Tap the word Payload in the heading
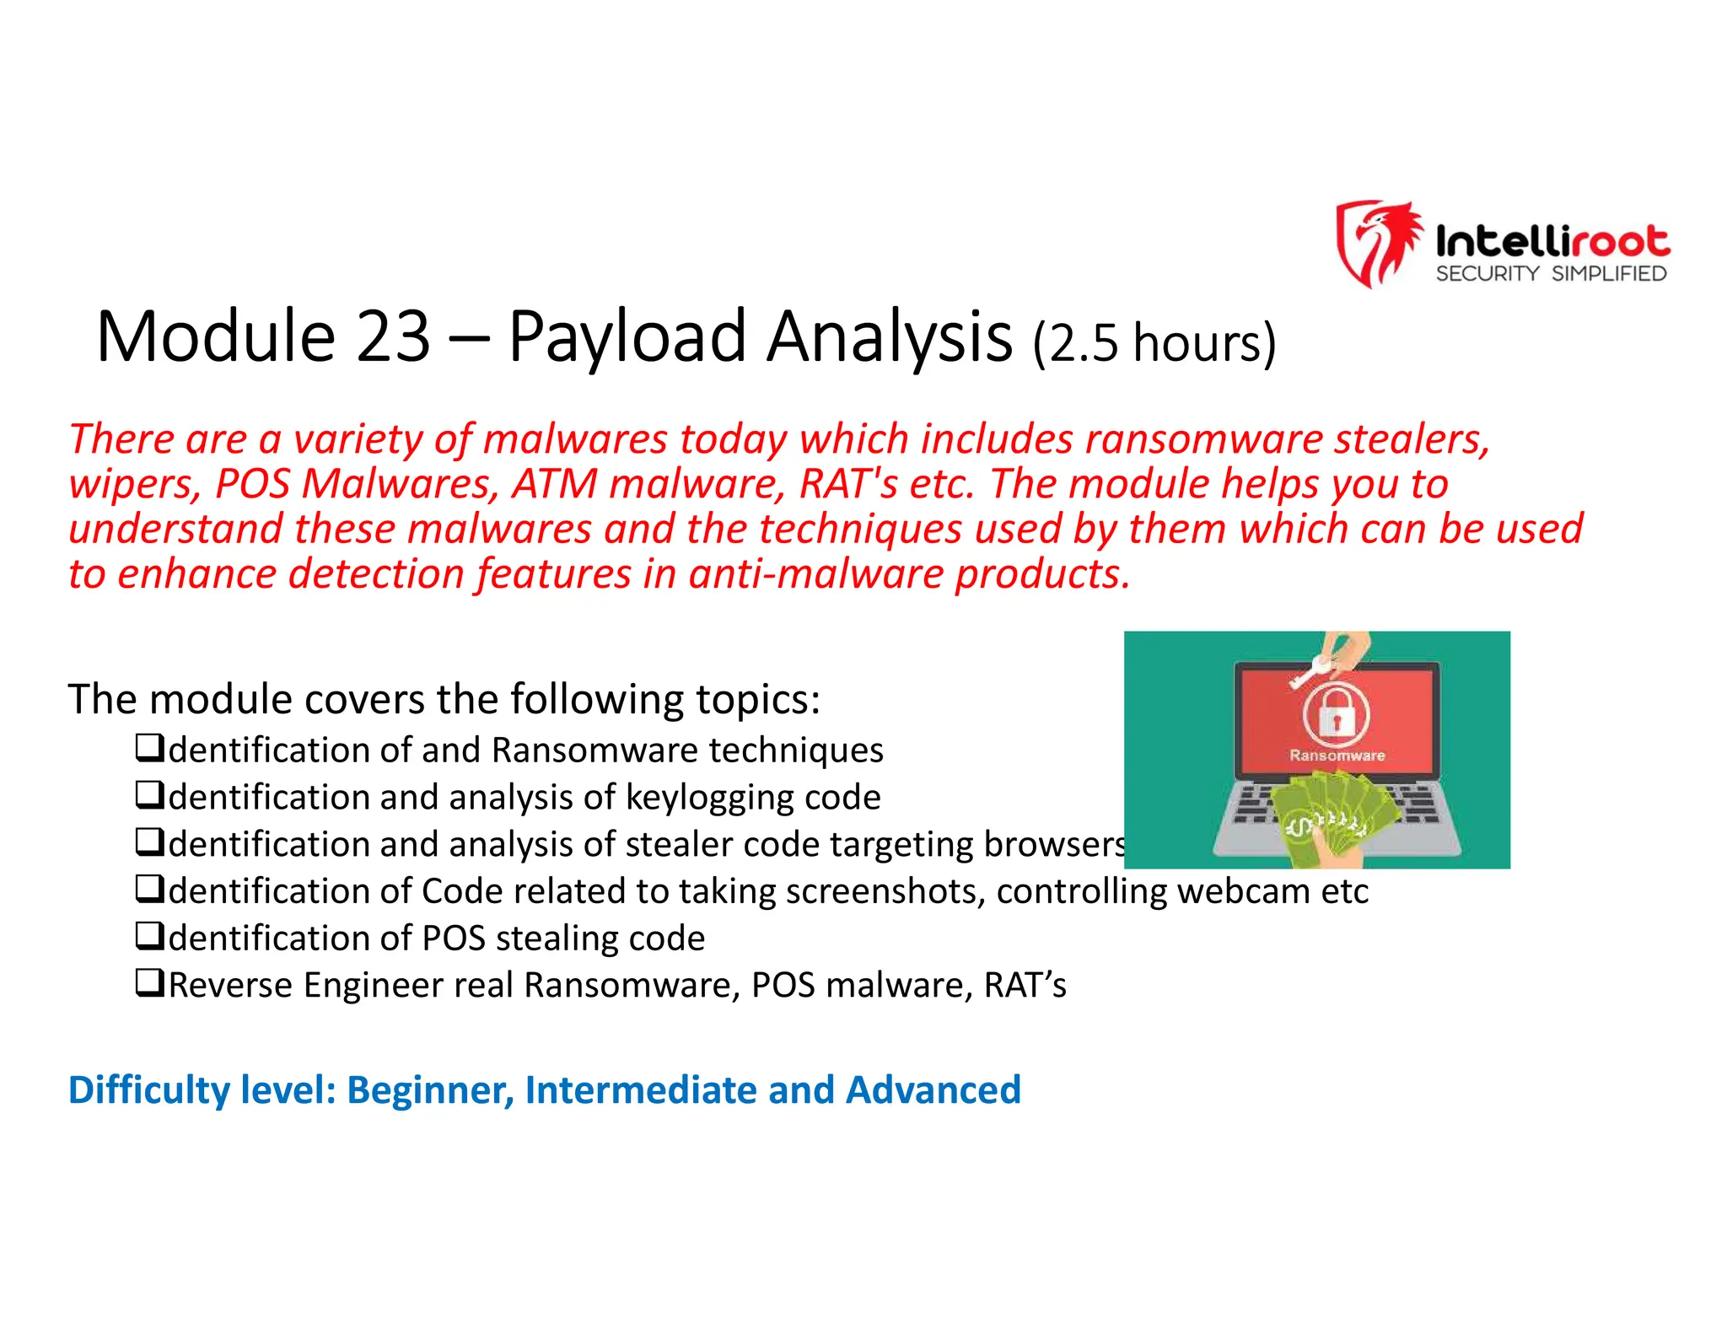(x=627, y=337)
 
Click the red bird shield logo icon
(x=1377, y=243)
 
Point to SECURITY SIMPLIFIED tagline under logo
(x=1551, y=274)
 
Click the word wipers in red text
(x=134, y=484)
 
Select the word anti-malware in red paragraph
(x=816, y=574)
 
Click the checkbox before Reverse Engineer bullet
(x=149, y=982)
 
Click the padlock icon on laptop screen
(x=1336, y=716)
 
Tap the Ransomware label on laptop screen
(x=1337, y=756)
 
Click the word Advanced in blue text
(x=933, y=1089)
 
